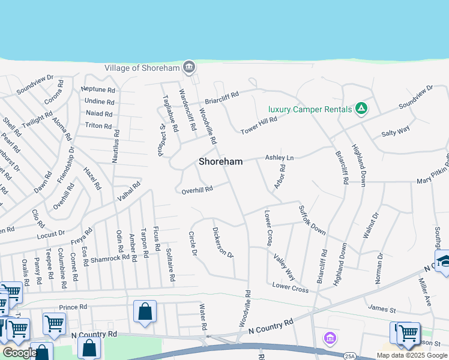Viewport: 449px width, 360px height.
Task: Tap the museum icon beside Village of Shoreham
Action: coord(189,67)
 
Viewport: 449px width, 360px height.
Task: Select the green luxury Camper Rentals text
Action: coord(309,109)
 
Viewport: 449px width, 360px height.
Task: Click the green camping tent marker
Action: coord(361,109)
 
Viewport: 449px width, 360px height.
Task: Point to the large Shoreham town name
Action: coord(221,161)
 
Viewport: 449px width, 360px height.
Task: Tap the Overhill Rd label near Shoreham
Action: coord(197,190)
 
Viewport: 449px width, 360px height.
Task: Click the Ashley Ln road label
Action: coord(280,157)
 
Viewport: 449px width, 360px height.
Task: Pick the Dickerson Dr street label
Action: coord(223,242)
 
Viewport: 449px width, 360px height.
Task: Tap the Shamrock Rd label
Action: coord(110,258)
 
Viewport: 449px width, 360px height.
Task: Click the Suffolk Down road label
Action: coord(312,221)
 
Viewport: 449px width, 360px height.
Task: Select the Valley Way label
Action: coord(284,267)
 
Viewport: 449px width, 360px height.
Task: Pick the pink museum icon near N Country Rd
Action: coord(329,338)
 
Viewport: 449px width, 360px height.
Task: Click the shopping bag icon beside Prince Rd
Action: coord(145,312)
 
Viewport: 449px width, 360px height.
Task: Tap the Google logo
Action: coord(19,353)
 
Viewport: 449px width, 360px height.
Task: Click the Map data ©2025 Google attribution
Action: coord(412,355)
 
